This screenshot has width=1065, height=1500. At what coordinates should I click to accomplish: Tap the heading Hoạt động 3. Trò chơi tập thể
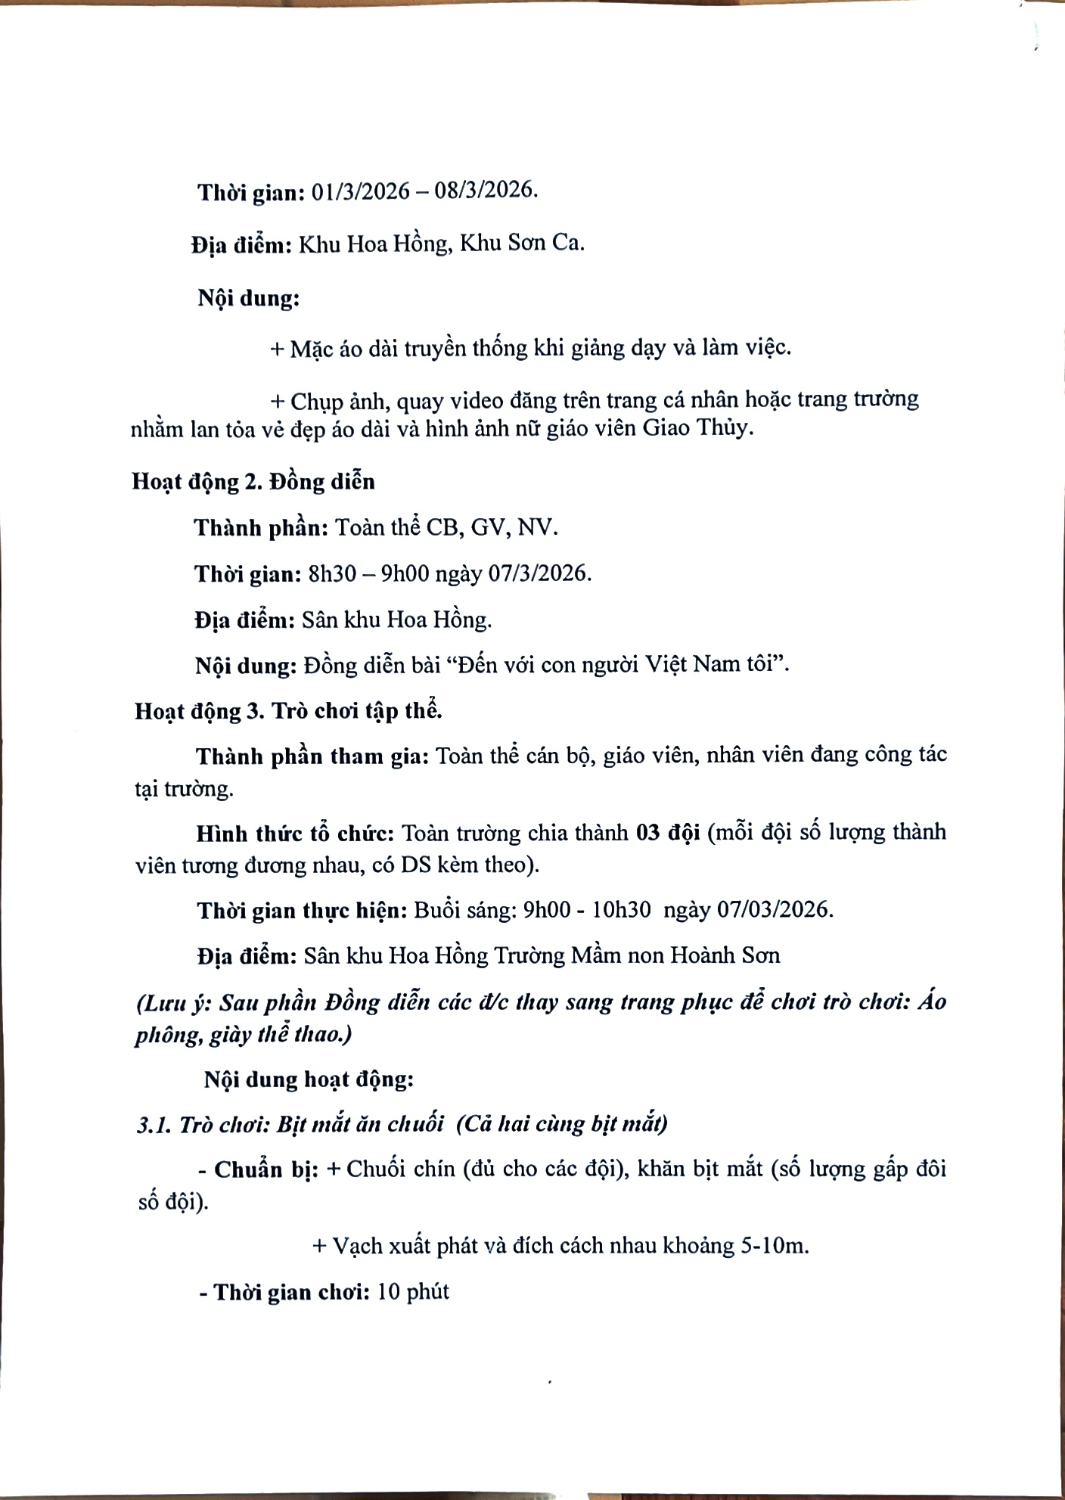pos(288,711)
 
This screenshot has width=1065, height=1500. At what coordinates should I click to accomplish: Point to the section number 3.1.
pos(154,1125)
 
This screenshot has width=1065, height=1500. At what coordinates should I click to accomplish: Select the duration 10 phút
pos(413,1291)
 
